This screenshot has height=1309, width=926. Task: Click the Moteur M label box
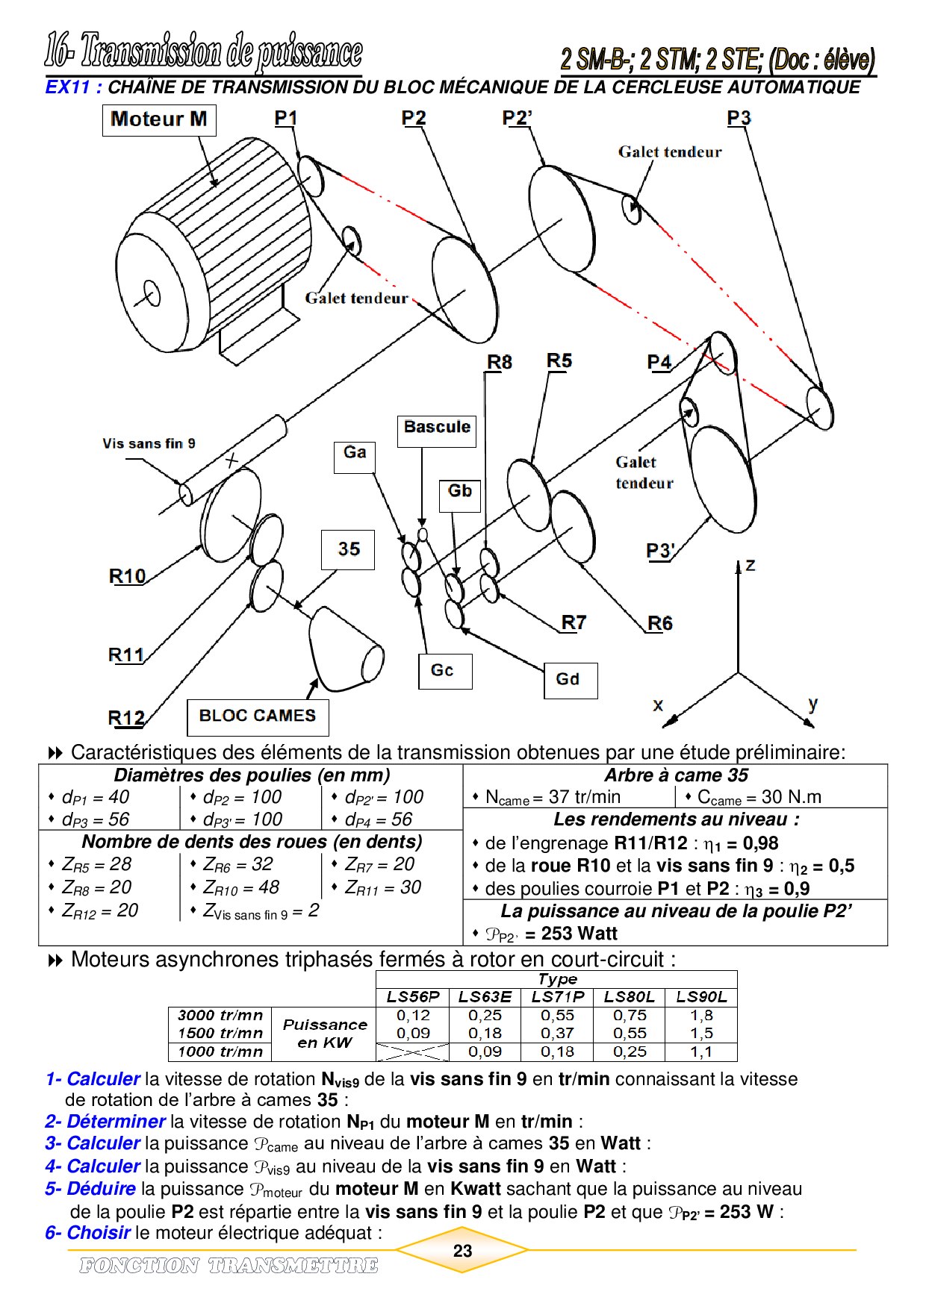[159, 120]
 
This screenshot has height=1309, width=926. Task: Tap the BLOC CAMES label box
[258, 716]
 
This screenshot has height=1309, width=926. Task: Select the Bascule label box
[437, 428]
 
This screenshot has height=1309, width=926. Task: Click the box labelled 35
[348, 549]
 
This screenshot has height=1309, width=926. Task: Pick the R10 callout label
[127, 576]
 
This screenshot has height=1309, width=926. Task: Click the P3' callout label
[661, 552]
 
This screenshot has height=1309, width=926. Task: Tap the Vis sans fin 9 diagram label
[149, 444]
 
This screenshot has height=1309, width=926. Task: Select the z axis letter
[751, 565]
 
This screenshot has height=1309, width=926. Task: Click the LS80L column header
[630, 997]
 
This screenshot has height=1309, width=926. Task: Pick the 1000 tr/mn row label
[220, 1052]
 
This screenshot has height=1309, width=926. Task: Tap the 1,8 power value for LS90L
[701, 1016]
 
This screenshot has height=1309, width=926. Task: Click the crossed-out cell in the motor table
[413, 1052]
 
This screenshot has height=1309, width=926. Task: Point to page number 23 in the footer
[463, 1250]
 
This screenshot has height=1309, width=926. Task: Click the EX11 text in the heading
[68, 87]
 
